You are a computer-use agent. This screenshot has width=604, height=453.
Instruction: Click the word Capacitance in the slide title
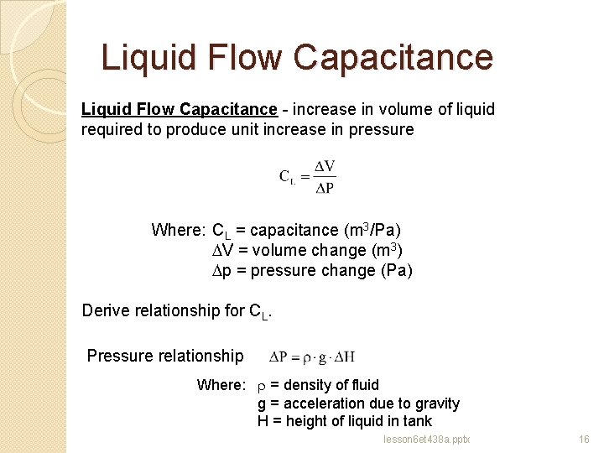(393, 57)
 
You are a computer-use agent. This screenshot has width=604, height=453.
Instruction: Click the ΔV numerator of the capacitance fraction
(325, 167)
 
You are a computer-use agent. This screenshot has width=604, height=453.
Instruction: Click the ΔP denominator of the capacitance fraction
(325, 187)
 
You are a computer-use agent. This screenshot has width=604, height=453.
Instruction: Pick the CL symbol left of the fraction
(287, 177)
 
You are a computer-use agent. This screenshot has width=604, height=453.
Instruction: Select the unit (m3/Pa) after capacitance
(372, 230)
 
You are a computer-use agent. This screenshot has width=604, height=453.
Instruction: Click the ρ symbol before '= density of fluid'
(261, 385)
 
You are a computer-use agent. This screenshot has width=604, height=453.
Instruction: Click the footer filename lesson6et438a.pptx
(426, 440)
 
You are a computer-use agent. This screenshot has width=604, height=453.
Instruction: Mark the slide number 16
(584, 440)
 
